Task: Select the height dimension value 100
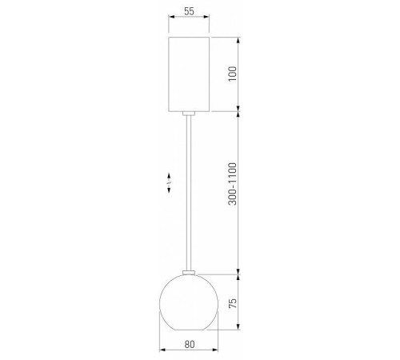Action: point(232,73)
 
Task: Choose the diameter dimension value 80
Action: point(189,344)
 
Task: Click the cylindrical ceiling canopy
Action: point(190,73)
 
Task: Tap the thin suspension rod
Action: point(190,192)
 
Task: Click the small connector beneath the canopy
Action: point(190,113)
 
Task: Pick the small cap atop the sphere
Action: point(190,273)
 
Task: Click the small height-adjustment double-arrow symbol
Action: point(169,183)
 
